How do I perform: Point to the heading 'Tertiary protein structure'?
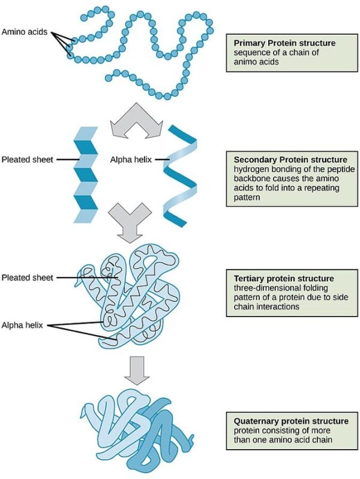click(283, 279)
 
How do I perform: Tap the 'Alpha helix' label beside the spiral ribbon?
click(130, 159)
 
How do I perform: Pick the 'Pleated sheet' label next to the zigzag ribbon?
click(27, 159)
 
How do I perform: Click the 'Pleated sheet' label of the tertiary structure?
click(27, 278)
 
